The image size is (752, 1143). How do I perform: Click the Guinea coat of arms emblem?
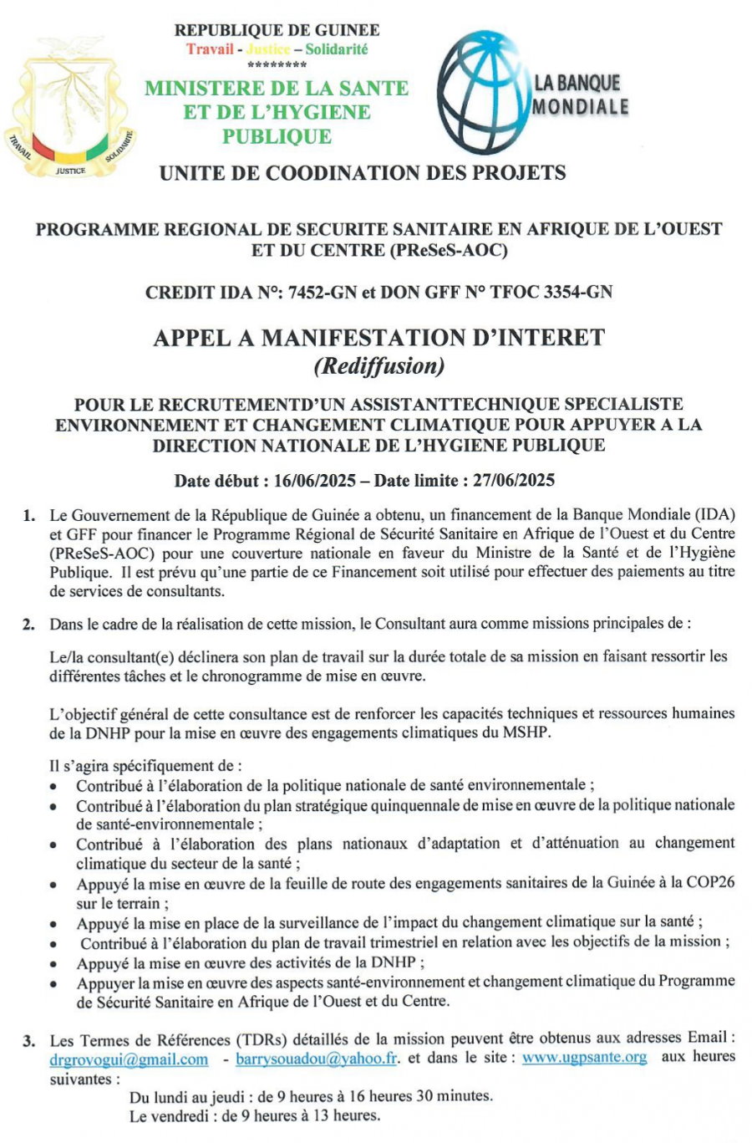pyautogui.click(x=70, y=107)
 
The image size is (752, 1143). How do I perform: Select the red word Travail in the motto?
pyautogui.click(x=210, y=49)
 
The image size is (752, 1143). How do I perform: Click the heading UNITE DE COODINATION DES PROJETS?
pyautogui.click(x=362, y=173)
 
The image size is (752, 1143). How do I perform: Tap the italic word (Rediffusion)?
pyautogui.click(x=378, y=365)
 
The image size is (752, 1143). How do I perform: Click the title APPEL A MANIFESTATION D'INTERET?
pyautogui.click(x=379, y=338)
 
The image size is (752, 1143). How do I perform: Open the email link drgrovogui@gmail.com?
pyautogui.click(x=129, y=1059)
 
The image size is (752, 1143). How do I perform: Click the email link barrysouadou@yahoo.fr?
pyautogui.click(x=317, y=1059)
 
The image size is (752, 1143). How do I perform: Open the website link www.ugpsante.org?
pyautogui.click(x=584, y=1057)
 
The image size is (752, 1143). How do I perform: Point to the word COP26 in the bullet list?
pyautogui.click(x=710, y=883)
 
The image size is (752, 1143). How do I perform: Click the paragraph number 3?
pyautogui.click(x=29, y=1041)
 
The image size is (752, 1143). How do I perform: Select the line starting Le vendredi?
pyautogui.click(x=254, y=1115)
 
